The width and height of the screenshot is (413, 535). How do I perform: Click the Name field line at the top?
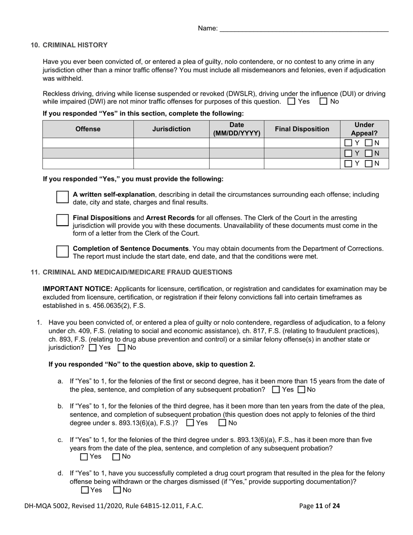pos(304,29)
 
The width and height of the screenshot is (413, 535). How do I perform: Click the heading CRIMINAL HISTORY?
pos(75,45)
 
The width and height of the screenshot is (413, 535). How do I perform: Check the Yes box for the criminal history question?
pos(292,102)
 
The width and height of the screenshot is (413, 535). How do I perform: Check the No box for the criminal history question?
pos(323,102)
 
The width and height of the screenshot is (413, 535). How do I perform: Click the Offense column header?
pos(88,129)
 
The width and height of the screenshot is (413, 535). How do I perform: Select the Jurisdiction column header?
pos(171,129)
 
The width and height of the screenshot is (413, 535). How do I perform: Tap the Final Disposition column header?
pos(302,129)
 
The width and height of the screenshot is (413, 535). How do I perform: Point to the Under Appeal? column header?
pos(364,129)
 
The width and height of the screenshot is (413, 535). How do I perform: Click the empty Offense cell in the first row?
pos(88,143)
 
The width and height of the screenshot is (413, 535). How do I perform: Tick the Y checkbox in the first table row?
pos(348,143)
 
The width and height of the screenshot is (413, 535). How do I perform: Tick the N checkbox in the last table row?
pos(369,164)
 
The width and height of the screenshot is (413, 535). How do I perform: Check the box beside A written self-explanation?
pos(63,197)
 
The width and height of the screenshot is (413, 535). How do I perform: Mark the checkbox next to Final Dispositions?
pos(63,220)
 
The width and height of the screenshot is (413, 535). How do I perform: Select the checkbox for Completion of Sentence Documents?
pos(63,251)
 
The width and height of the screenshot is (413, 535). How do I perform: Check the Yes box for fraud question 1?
pos(93,348)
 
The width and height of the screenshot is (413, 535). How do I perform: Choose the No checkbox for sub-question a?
pos(302,390)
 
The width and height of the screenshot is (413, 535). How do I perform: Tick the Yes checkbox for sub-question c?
pos(84,457)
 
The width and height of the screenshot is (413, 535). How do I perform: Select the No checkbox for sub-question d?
pos(117,490)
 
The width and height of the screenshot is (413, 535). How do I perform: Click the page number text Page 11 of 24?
pos(320,506)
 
